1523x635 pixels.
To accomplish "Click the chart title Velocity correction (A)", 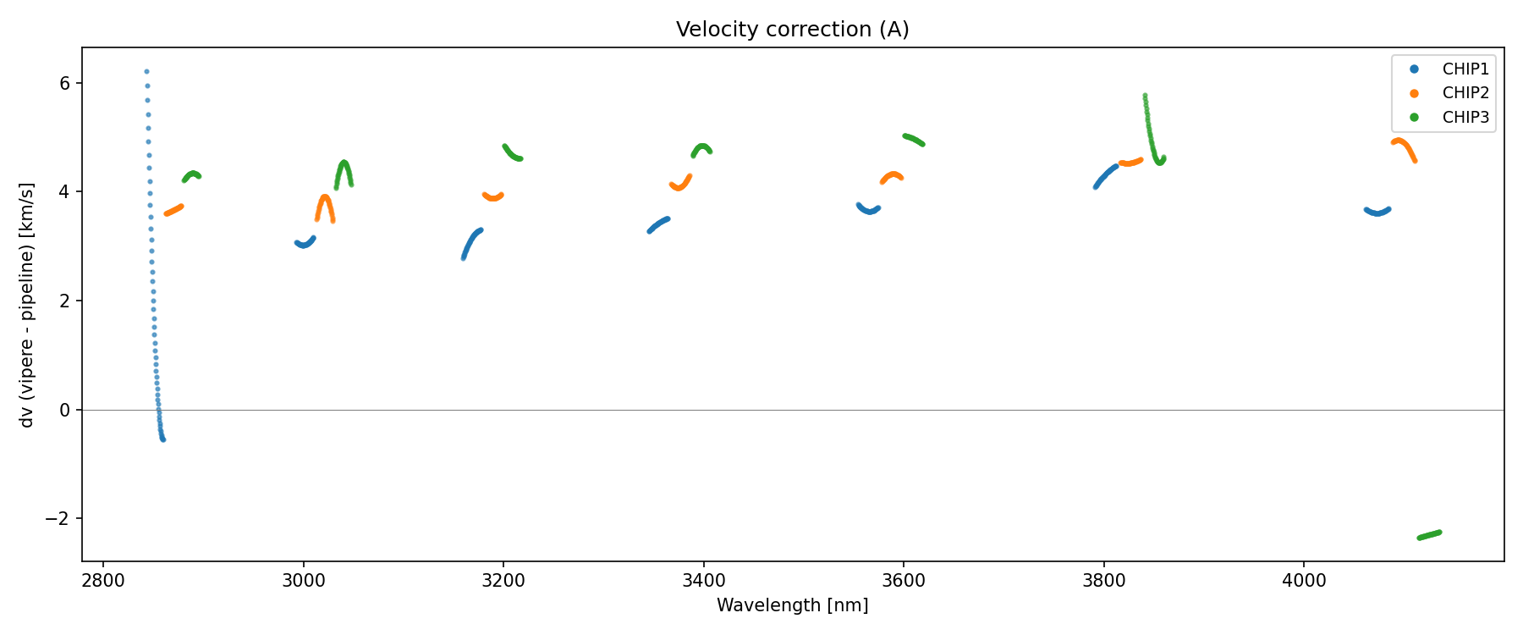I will (792, 30).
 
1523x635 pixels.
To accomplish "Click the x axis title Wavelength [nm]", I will (792, 605).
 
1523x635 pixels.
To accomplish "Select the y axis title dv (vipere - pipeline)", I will (27, 305).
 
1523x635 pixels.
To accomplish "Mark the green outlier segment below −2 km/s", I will (1429, 535).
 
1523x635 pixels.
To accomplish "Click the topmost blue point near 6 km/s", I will (146, 72).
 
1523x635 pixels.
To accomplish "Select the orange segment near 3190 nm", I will (493, 197).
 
